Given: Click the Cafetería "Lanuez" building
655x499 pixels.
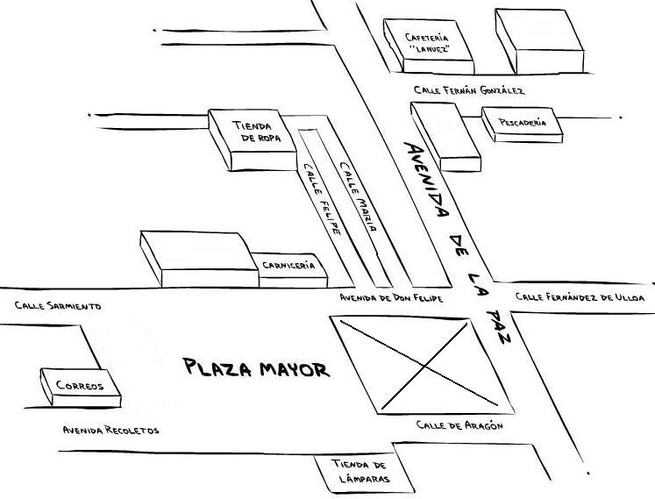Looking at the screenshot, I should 428,44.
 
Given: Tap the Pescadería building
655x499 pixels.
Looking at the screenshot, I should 522,124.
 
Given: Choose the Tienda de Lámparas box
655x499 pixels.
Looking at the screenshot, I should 360,472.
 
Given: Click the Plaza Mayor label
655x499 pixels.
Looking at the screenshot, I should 257,368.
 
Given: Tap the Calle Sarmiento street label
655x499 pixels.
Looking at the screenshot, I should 58,306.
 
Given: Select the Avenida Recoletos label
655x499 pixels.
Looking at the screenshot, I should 110,431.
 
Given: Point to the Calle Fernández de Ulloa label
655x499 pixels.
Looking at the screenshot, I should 580,297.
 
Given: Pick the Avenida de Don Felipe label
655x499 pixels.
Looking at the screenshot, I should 391,299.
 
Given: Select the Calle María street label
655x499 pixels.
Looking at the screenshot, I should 358,196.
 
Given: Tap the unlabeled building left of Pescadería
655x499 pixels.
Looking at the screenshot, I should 446,135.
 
